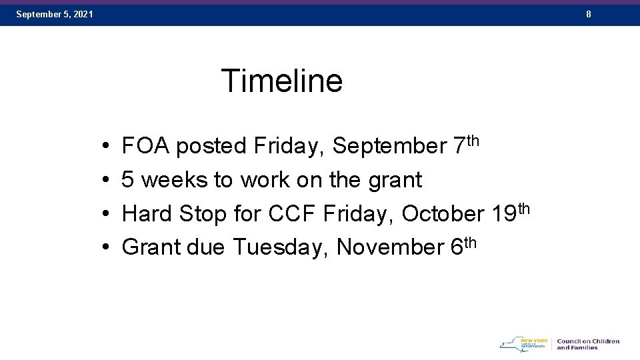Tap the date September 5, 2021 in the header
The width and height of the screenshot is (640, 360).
click(x=55, y=14)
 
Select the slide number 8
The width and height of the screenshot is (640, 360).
click(x=589, y=14)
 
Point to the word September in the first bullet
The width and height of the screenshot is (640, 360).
click(x=389, y=145)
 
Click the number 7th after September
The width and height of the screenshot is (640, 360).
click(x=465, y=143)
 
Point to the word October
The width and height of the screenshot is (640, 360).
click(x=443, y=213)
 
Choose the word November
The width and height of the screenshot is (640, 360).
click(x=389, y=247)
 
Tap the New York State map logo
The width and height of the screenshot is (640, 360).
click(x=524, y=344)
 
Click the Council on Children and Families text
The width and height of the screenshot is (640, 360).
click(x=587, y=344)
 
